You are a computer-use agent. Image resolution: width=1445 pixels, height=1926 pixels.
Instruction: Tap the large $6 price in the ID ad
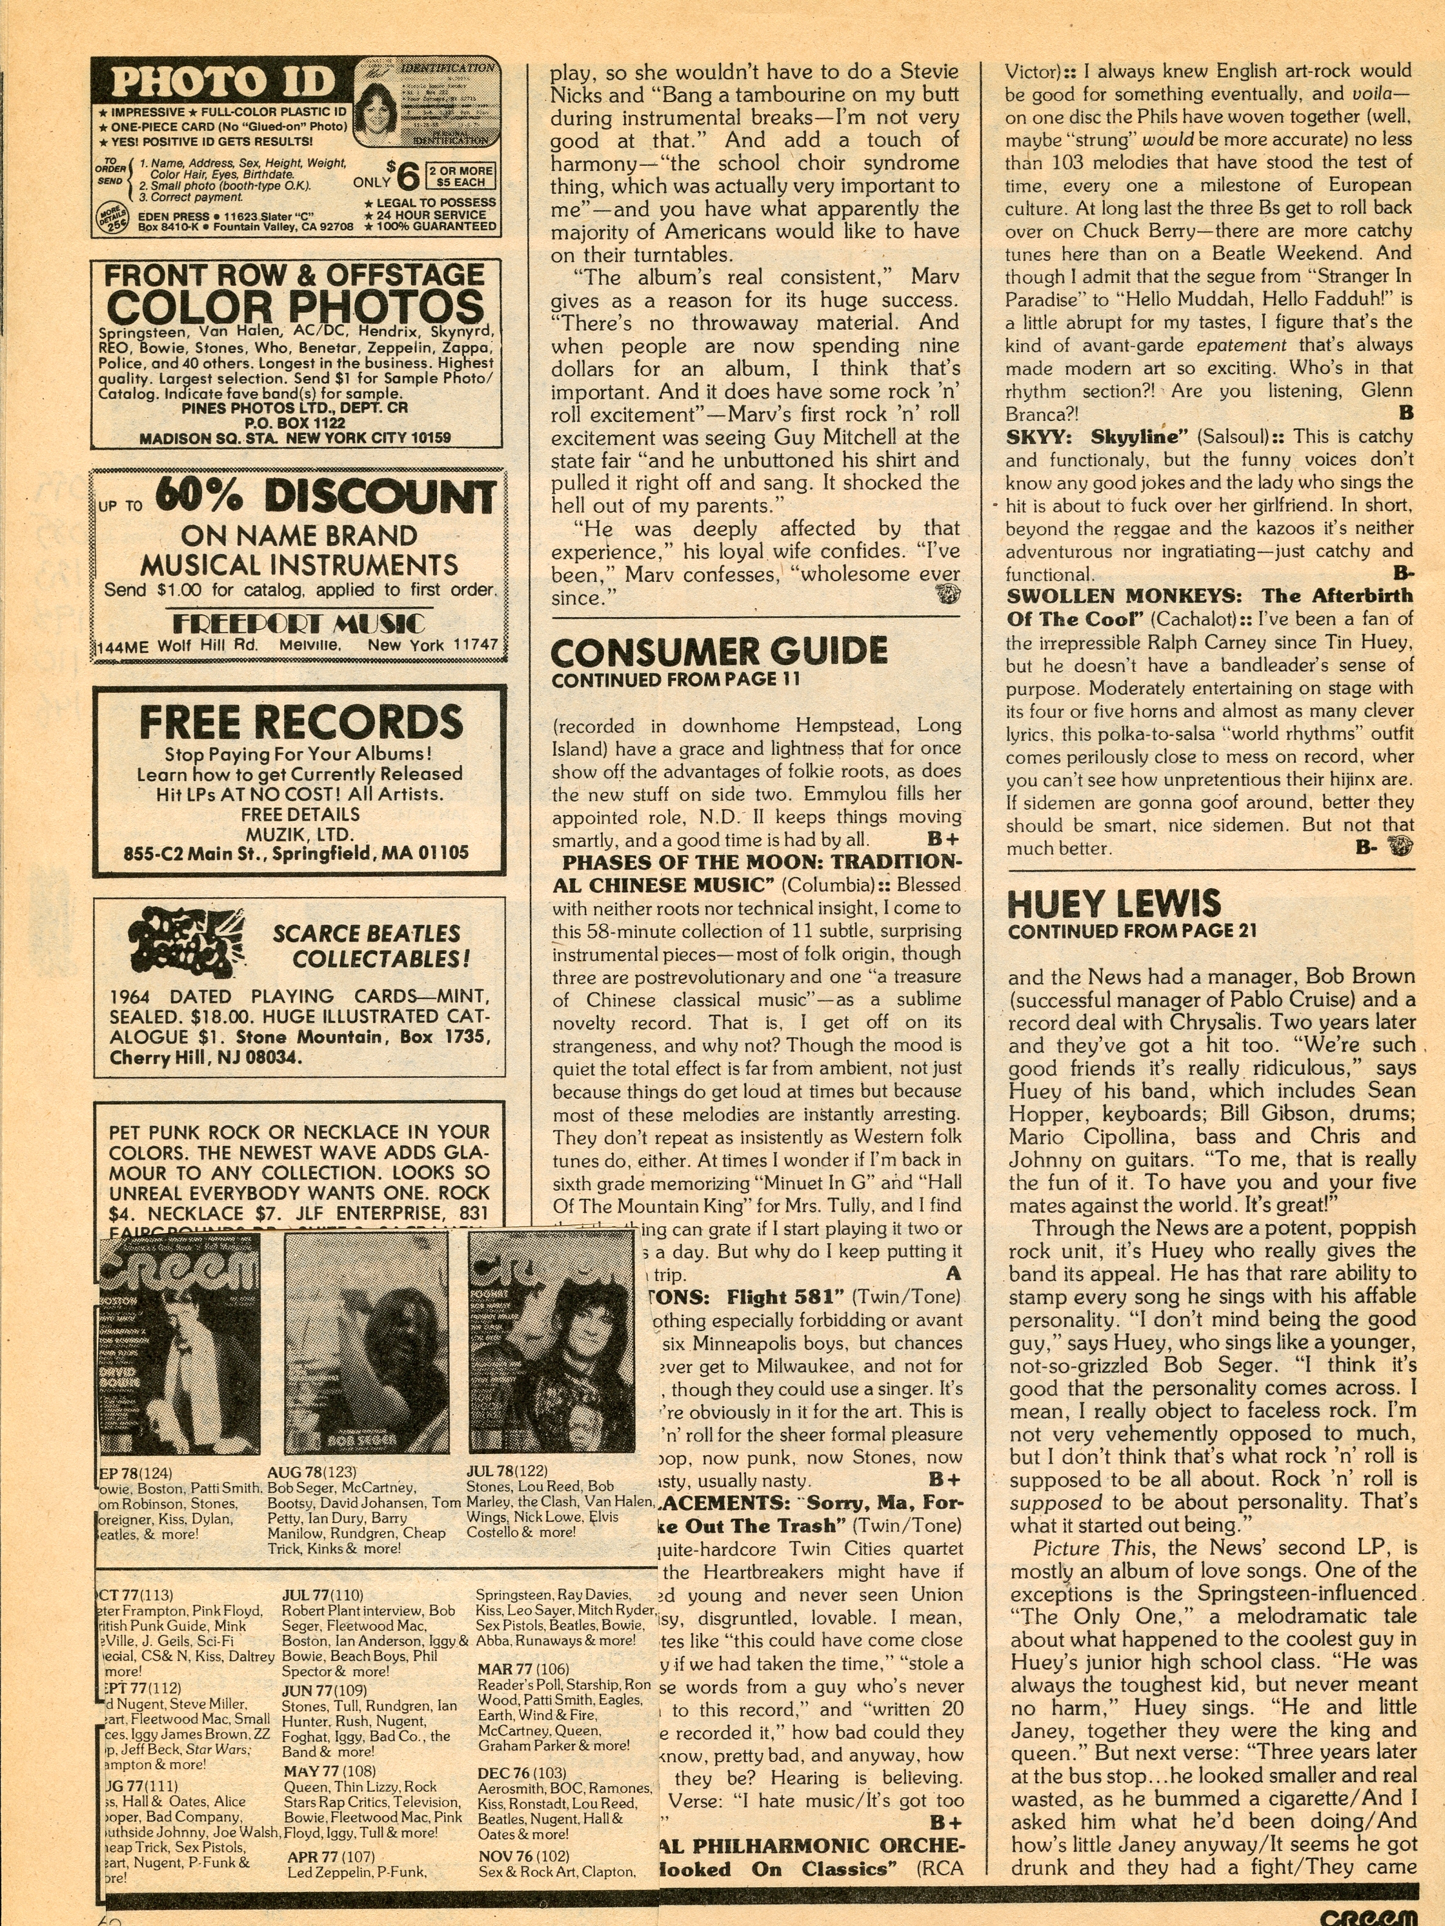pyautogui.click(x=407, y=175)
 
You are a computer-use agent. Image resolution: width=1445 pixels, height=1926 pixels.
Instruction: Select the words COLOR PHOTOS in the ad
pyautogui.click(x=295, y=307)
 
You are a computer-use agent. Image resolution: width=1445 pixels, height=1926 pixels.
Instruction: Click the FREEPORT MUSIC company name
pyautogui.click(x=299, y=623)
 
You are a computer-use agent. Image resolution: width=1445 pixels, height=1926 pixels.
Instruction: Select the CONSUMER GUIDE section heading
pyautogui.click(x=719, y=651)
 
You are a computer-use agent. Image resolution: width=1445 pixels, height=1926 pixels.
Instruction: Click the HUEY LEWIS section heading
pyautogui.click(x=1114, y=904)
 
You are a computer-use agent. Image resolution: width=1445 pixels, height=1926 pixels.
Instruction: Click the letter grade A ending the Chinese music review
pyautogui.click(x=954, y=1274)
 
